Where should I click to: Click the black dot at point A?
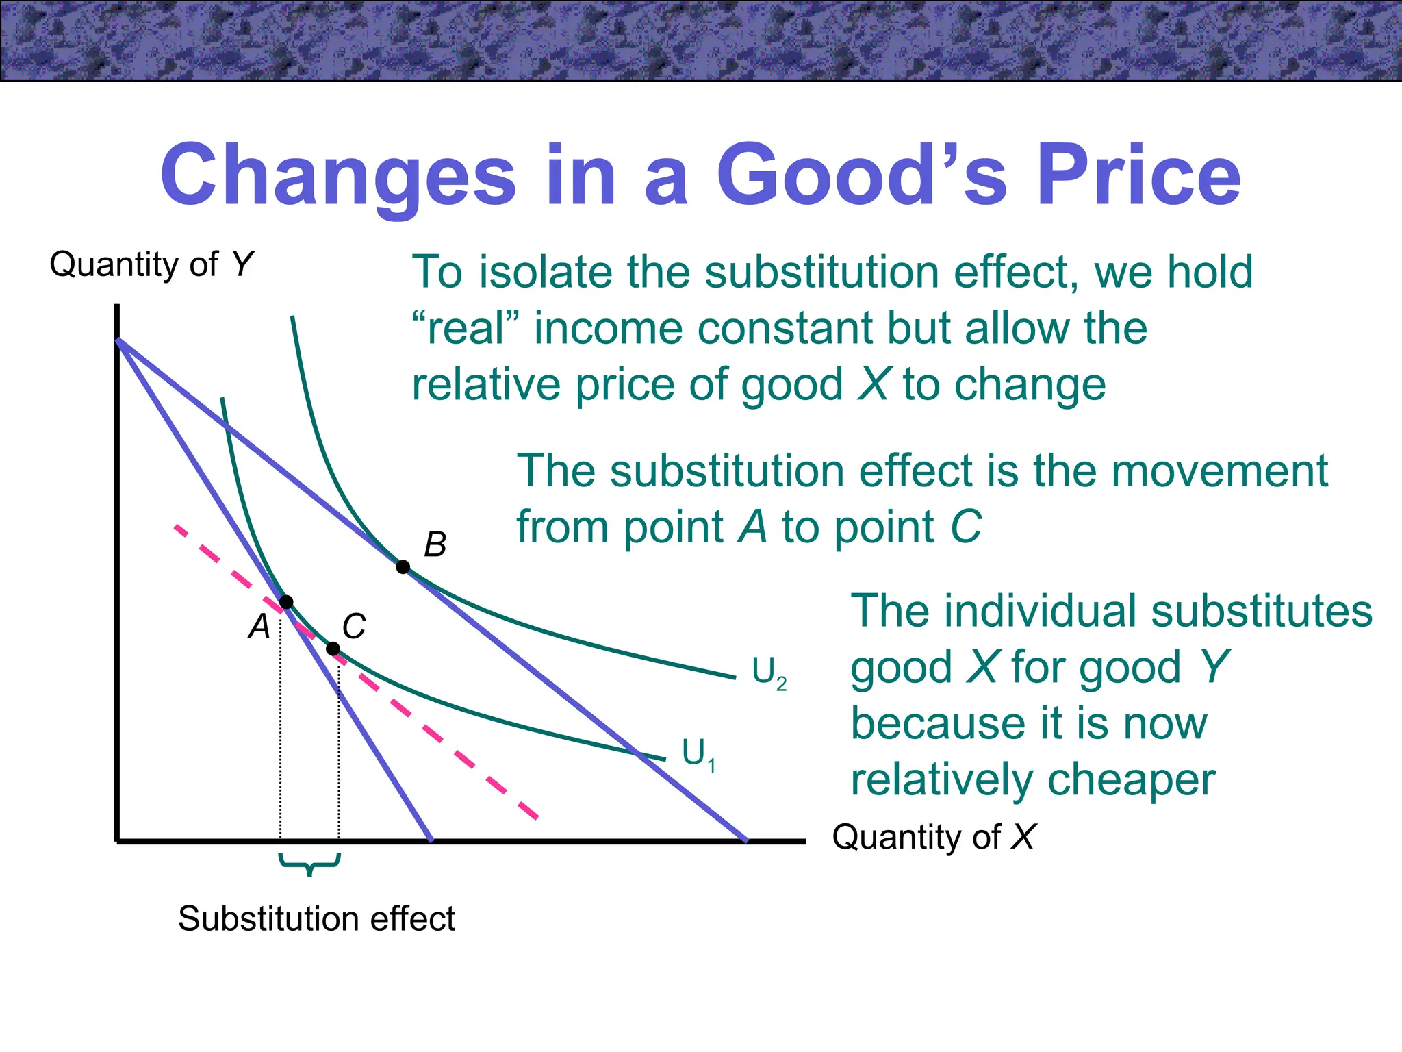tap(286, 602)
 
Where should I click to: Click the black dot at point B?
tap(403, 566)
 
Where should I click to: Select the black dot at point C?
tap(333, 649)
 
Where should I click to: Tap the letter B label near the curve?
tap(435, 544)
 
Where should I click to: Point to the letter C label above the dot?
tap(354, 626)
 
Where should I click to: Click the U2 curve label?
tap(768, 673)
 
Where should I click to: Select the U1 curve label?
tap(698, 753)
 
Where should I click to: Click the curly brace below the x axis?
tap(309, 864)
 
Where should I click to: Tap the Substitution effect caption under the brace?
tap(316, 918)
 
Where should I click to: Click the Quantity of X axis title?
tap(933, 837)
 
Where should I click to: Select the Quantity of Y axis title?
tap(151, 264)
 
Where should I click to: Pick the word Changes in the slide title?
tap(337, 177)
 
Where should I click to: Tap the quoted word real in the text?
tap(466, 328)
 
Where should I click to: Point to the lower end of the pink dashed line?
tap(537, 816)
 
